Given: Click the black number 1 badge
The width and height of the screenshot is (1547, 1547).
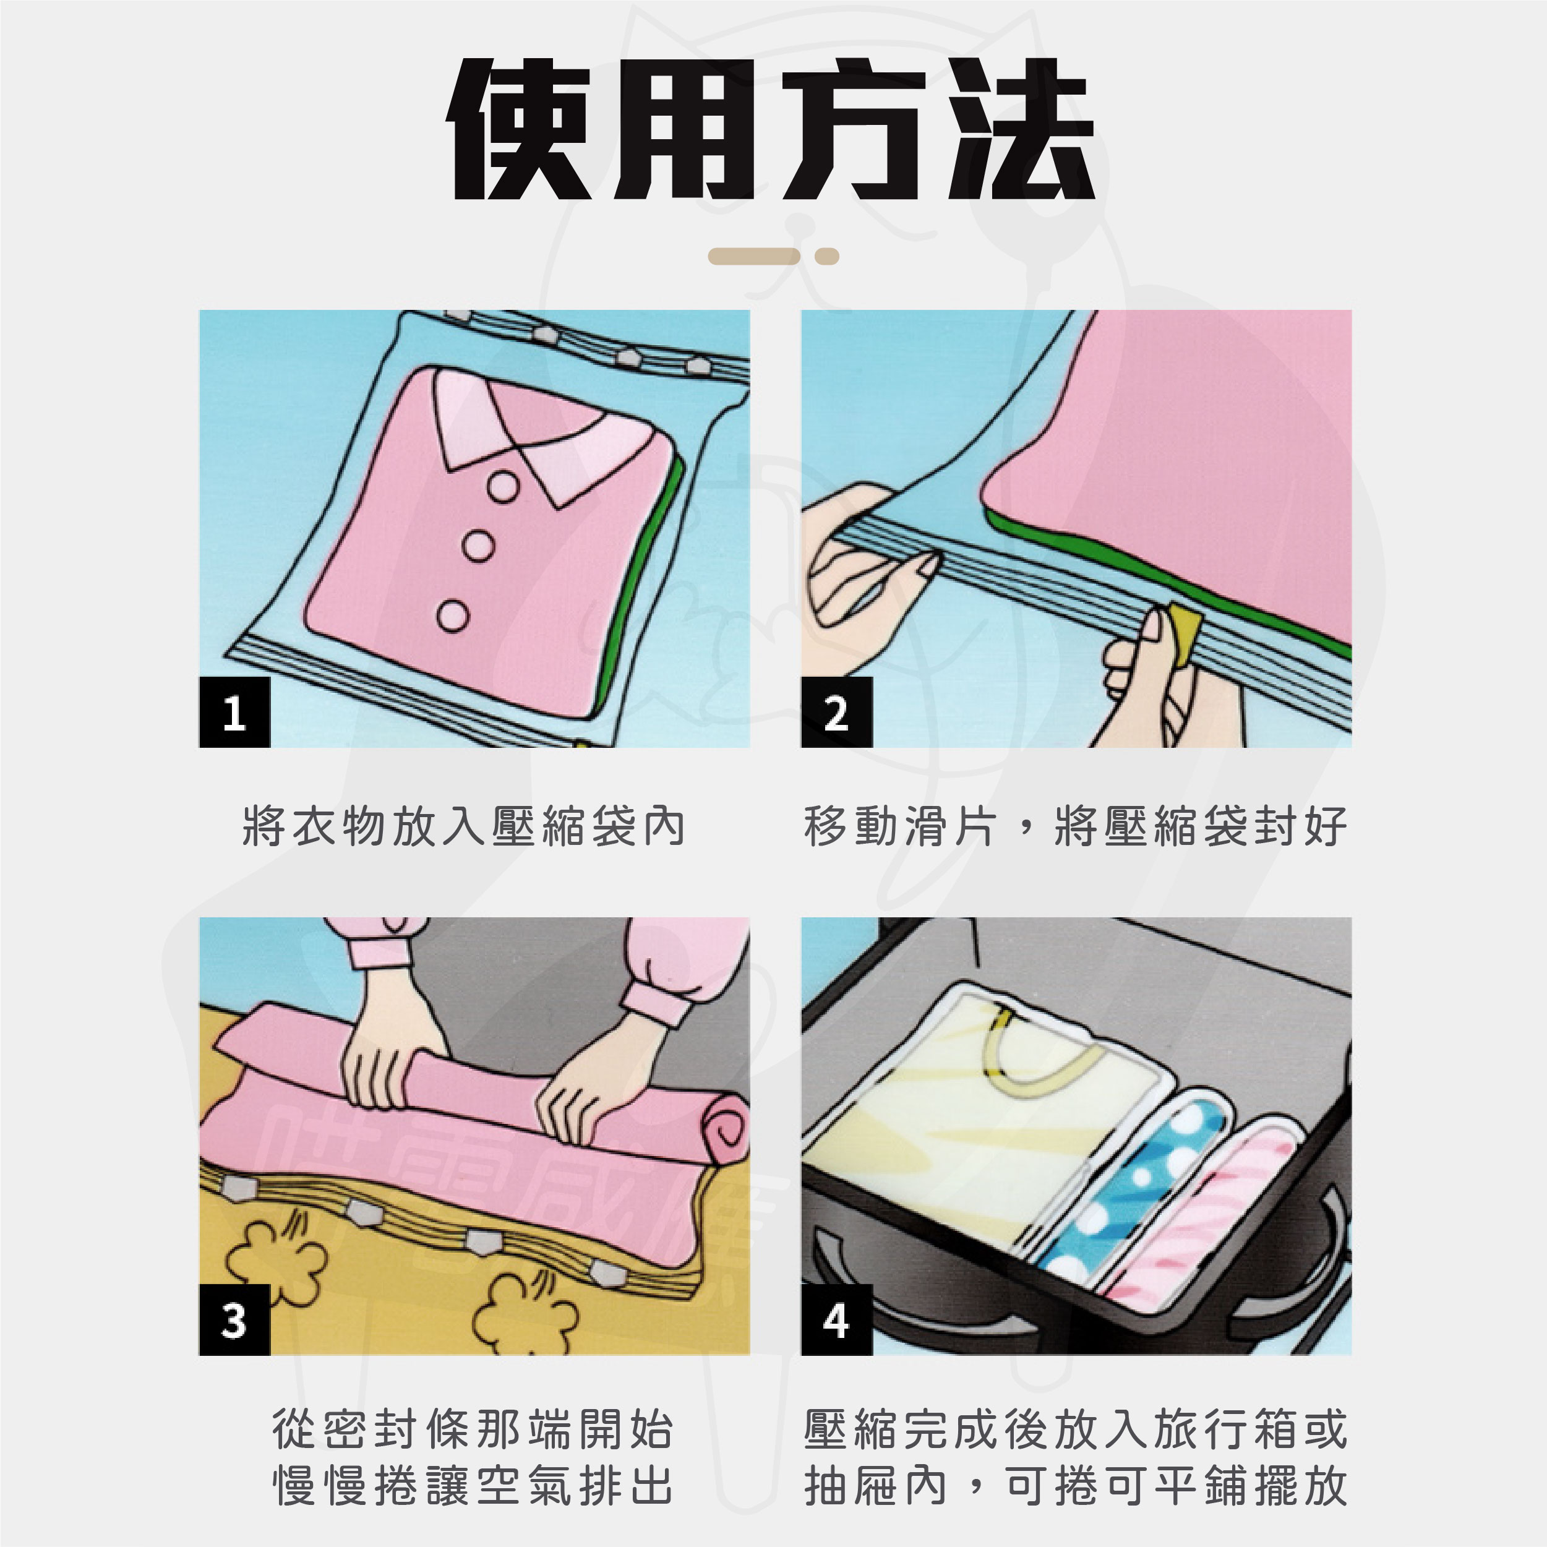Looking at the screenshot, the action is (x=234, y=712).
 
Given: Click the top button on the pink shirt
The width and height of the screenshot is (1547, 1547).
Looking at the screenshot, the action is (x=504, y=486).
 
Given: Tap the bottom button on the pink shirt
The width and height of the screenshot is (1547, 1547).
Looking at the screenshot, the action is (x=453, y=615).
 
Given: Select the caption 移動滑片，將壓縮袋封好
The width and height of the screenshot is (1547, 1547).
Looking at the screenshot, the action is (x=1076, y=826).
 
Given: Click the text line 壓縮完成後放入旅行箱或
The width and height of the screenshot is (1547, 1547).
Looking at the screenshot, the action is (x=1076, y=1429).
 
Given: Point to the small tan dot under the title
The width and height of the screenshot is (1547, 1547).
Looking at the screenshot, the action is (x=826, y=256).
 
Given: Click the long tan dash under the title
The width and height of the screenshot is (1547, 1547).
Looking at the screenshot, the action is (x=754, y=256).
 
